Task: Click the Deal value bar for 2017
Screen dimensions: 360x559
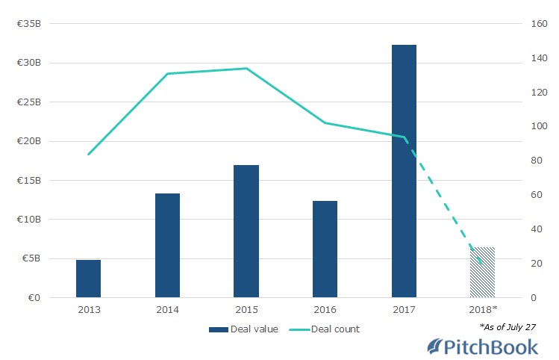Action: (x=404, y=171)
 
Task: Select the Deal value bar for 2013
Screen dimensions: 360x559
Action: (x=88, y=279)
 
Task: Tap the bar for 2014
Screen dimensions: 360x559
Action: (x=167, y=246)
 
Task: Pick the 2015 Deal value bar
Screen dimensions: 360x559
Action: (x=246, y=232)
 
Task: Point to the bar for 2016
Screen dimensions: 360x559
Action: (x=325, y=249)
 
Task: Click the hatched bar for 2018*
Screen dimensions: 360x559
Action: (x=482, y=273)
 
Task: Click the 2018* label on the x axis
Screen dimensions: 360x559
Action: (x=482, y=309)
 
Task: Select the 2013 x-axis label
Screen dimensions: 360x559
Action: (x=88, y=309)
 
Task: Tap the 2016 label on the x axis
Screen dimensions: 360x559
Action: (x=325, y=309)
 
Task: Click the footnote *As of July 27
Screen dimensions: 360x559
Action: (x=508, y=327)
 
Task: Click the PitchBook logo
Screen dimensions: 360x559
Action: (x=482, y=347)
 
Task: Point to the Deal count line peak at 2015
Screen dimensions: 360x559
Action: (x=246, y=69)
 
